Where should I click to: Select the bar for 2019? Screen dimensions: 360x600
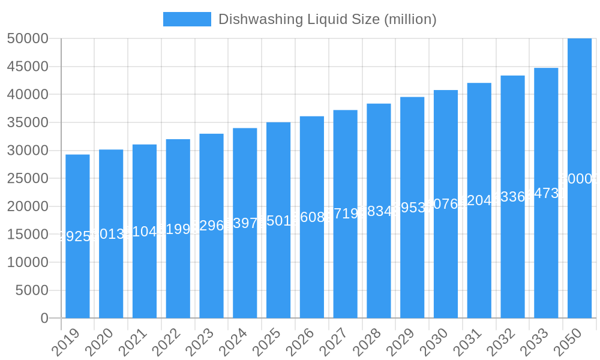[77, 236]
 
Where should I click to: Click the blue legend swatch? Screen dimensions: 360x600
[187, 19]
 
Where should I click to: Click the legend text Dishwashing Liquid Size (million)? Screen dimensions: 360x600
[327, 19]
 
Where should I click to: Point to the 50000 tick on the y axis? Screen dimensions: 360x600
[28, 38]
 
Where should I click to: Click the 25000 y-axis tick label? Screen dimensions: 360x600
[28, 178]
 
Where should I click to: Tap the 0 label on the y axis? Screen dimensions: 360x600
[44, 319]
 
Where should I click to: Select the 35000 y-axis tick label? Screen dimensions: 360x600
[28, 122]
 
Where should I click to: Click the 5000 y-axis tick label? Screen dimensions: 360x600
[31, 290]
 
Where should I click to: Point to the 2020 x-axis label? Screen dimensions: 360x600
[100, 343]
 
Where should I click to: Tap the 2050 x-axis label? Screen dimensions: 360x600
[568, 343]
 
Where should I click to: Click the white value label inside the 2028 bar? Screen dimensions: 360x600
[379, 211]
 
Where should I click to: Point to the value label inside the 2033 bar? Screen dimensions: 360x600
[546, 193]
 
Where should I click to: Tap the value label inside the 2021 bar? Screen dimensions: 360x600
[145, 232]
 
